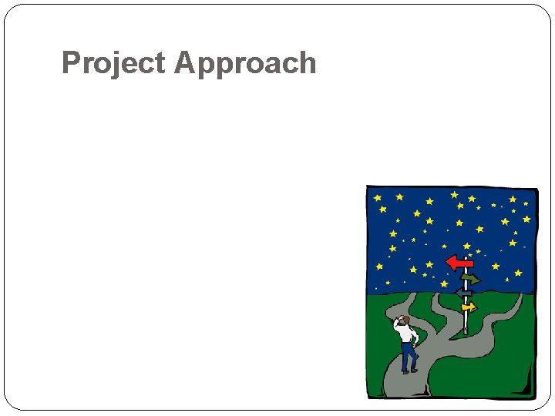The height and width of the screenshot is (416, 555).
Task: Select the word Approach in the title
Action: (x=246, y=63)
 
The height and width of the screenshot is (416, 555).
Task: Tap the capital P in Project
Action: (x=70, y=62)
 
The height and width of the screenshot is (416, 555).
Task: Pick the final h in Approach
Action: (x=308, y=62)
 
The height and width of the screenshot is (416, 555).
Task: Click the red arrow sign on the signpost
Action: (x=460, y=263)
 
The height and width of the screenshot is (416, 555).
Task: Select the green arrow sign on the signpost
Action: (x=469, y=279)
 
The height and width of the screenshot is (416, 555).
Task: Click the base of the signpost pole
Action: (x=466, y=331)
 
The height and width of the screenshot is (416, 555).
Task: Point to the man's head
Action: (x=404, y=320)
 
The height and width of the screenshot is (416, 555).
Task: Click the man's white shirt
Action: (x=406, y=334)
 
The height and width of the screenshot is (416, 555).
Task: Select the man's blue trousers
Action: (x=407, y=356)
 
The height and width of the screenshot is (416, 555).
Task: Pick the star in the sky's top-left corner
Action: (x=378, y=198)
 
